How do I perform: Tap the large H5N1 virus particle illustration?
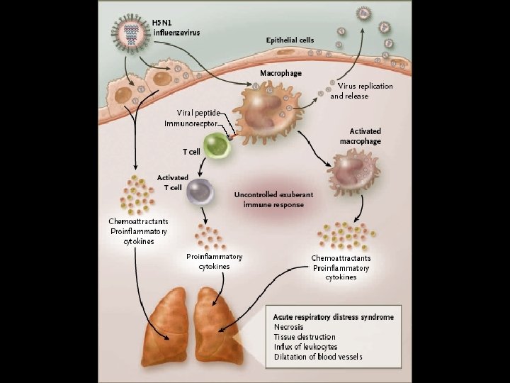(x=130, y=32)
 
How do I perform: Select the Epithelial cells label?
(x=290, y=40)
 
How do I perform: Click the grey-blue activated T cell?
(x=199, y=190)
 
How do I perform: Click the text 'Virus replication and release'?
(x=361, y=91)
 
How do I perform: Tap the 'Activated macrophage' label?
(x=365, y=136)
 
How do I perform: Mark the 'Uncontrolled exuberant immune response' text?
(x=273, y=199)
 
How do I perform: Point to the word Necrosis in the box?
(x=290, y=327)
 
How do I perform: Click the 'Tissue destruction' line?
(x=305, y=337)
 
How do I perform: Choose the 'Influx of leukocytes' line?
(x=305, y=347)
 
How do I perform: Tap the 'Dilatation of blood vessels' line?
(x=318, y=357)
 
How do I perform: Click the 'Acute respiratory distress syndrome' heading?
(x=333, y=316)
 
